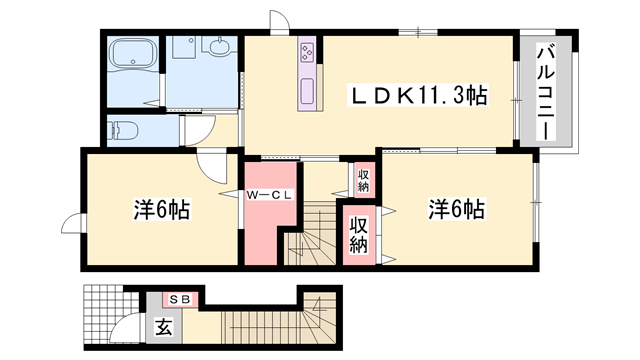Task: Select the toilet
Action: (126, 129)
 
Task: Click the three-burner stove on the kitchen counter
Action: (306, 50)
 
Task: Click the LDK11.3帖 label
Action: (417, 96)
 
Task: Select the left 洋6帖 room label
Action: (162, 211)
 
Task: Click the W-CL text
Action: (269, 196)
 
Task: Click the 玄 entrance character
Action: (163, 327)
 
